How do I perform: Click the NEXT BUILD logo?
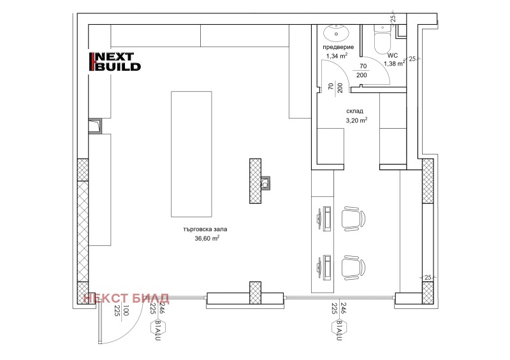(x=115, y=62)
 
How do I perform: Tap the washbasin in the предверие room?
(x=336, y=32)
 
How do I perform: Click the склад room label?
(x=354, y=111)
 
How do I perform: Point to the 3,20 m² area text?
(x=356, y=120)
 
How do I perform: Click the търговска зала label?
(x=205, y=229)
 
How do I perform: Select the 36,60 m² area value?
(x=207, y=238)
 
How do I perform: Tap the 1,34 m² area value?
(x=337, y=56)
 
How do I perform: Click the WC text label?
(x=393, y=55)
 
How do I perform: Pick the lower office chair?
(x=353, y=267)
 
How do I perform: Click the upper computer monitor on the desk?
(x=319, y=218)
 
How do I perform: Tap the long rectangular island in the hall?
(x=192, y=154)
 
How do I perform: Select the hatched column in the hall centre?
(x=256, y=181)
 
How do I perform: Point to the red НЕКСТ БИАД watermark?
(x=126, y=298)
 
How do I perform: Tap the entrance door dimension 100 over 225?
(x=122, y=310)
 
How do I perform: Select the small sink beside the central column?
(x=265, y=183)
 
